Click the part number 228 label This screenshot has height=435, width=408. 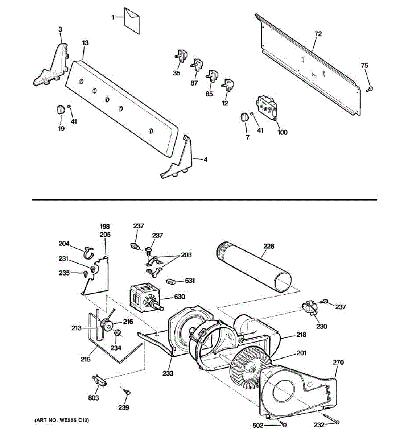(269, 246)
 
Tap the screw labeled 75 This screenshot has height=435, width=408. (370, 88)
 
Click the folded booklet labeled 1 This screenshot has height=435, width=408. (132, 21)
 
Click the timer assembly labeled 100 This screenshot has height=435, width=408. (268, 106)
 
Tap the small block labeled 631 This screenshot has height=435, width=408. (171, 281)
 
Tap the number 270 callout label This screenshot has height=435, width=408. (338, 362)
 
